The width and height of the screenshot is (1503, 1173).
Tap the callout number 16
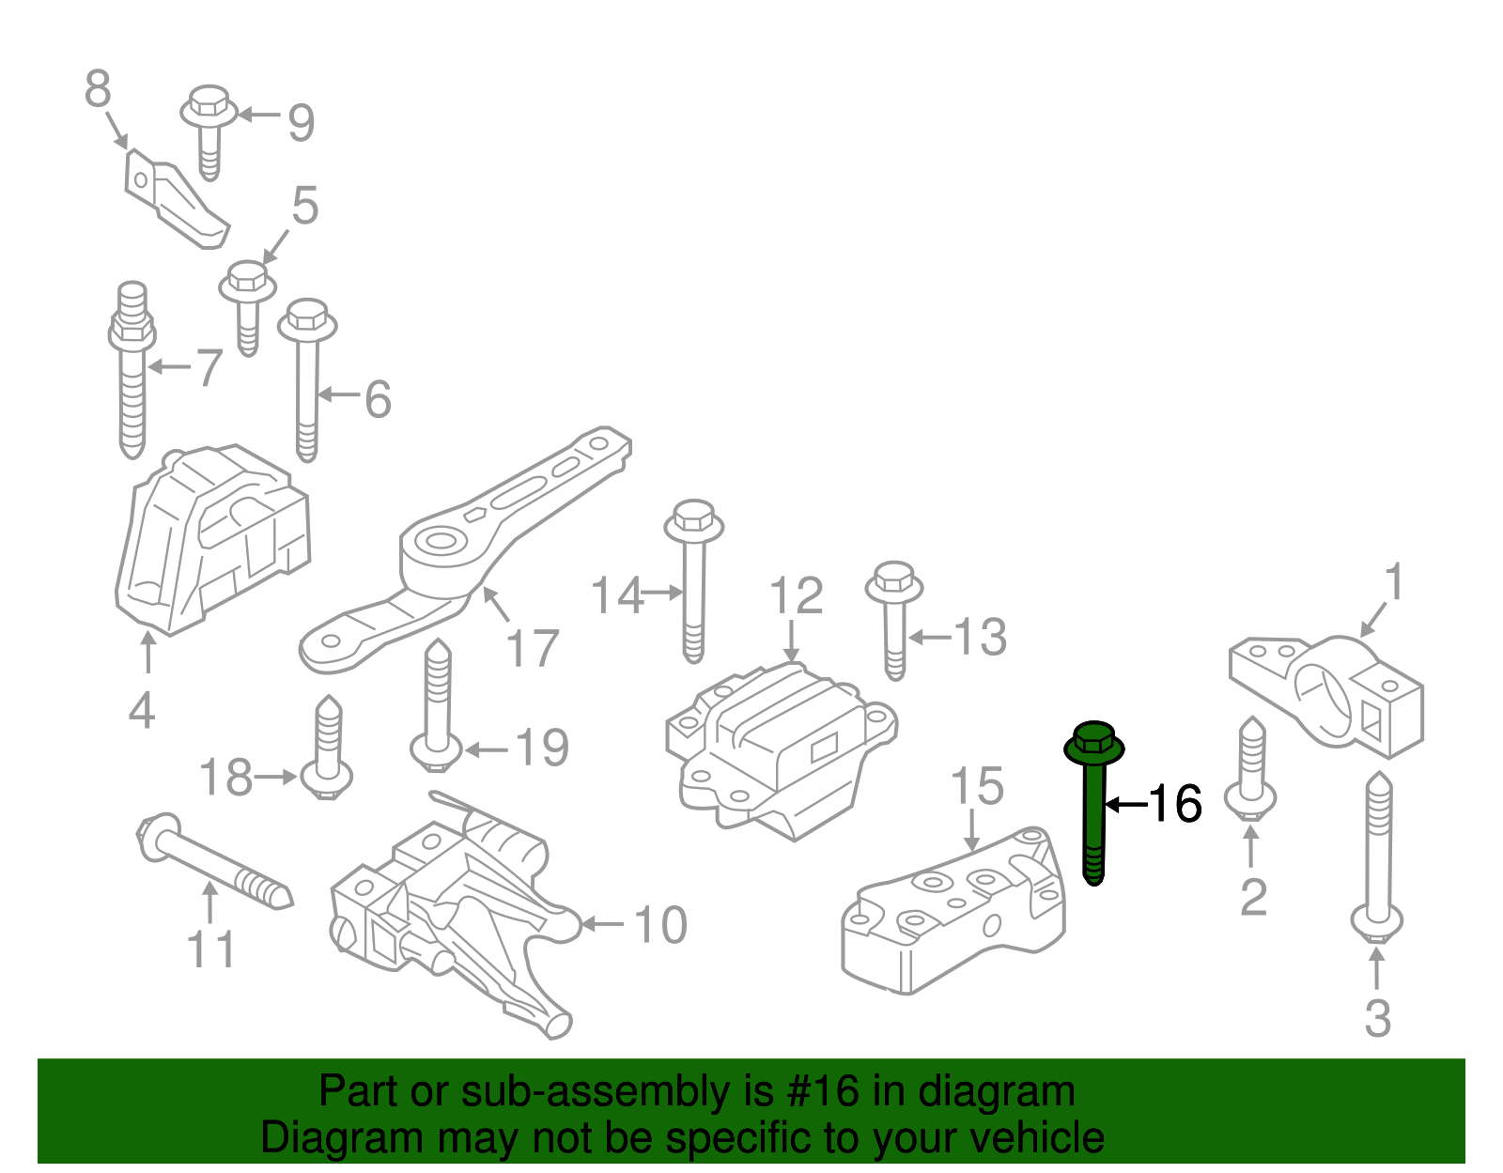tap(1174, 804)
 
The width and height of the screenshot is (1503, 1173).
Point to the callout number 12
tap(796, 596)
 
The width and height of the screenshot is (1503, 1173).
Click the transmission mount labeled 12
tap(780, 751)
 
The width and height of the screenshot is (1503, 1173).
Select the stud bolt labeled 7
tap(132, 376)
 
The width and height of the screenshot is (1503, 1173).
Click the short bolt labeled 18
tap(328, 751)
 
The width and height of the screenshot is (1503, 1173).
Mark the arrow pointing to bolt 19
tap(487, 749)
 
